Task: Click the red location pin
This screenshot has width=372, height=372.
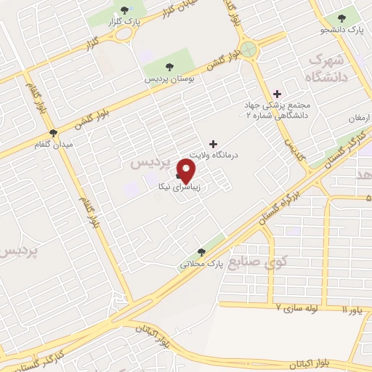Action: click(x=187, y=171)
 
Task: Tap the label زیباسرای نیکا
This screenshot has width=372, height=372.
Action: click(x=179, y=187)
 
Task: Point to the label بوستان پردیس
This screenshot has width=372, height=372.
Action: click(x=168, y=77)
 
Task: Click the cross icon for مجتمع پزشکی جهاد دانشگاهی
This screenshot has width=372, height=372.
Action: click(x=276, y=93)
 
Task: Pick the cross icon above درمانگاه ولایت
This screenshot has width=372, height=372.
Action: click(x=212, y=144)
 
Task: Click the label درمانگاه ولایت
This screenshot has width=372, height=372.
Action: click(x=215, y=155)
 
